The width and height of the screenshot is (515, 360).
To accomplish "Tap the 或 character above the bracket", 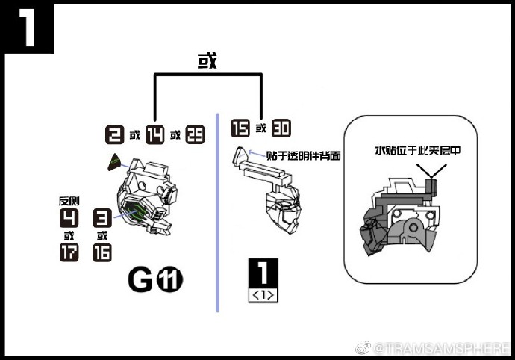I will click(207, 60).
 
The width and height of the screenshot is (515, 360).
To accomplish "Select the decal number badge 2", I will click(115, 135).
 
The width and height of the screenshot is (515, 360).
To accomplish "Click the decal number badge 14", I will click(154, 135).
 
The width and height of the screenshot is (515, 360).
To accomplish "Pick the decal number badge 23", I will click(195, 135).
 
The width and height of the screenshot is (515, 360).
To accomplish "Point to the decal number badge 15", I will click(240, 128).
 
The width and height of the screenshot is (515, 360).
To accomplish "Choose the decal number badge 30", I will click(281, 128).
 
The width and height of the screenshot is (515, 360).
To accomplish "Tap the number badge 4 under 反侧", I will click(69, 218).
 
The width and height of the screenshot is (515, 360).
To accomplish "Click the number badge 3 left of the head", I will click(102, 218).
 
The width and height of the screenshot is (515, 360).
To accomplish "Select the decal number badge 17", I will click(69, 252).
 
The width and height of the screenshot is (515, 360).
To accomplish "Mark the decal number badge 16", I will click(102, 252).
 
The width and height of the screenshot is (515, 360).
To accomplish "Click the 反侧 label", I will click(69, 202).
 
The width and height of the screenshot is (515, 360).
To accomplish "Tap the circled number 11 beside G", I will click(170, 281).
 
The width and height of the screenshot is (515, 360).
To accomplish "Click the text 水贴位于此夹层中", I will click(417, 150).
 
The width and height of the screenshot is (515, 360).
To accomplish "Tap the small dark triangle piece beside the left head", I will click(116, 159).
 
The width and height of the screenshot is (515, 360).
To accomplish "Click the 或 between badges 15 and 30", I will click(260, 128).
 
